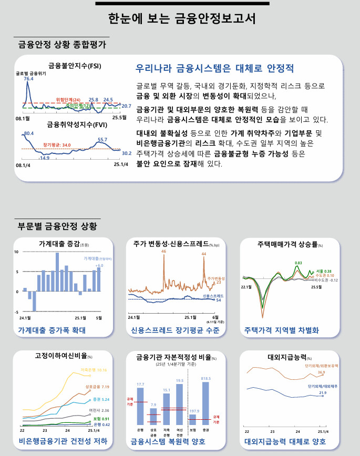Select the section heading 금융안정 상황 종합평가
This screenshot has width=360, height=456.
(61, 45)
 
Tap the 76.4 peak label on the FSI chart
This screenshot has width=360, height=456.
(28, 79)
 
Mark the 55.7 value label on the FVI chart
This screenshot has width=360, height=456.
(102, 140)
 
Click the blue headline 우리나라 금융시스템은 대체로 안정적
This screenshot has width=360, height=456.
(214, 69)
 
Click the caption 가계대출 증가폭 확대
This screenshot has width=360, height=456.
(52, 330)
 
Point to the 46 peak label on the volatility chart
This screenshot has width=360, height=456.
(164, 252)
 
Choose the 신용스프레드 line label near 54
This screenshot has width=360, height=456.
(213, 296)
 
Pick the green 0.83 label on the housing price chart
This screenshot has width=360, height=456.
(299, 263)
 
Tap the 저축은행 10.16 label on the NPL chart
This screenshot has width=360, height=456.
(94, 370)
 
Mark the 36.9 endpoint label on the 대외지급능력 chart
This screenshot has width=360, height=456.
(322, 372)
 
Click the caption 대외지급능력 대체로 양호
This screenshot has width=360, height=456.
(285, 441)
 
